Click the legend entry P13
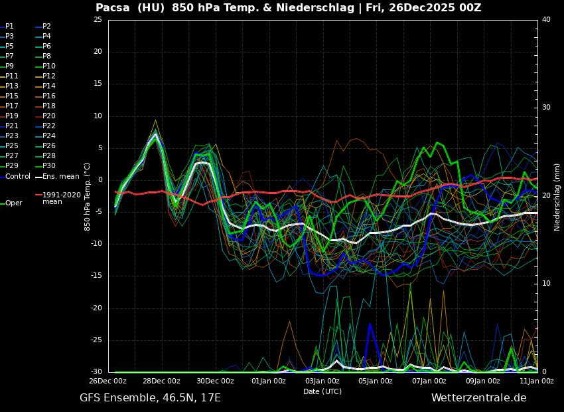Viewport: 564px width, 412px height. click(x=12, y=86)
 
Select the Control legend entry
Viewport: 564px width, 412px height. click(x=18, y=176)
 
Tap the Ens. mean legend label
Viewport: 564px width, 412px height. click(x=60, y=176)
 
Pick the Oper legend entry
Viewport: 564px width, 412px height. click(x=13, y=203)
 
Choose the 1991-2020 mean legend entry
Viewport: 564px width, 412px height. click(x=61, y=198)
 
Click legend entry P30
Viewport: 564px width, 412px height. click(x=49, y=166)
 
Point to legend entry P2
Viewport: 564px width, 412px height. click(x=46, y=27)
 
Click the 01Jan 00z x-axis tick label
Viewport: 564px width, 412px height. click(x=269, y=381)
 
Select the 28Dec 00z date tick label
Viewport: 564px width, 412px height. click(x=161, y=381)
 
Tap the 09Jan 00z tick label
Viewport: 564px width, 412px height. click(x=482, y=381)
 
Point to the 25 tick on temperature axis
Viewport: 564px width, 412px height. click(x=98, y=20)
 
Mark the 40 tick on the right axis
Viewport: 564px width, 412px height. click(x=546, y=20)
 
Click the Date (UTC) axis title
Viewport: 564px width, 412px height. click(x=322, y=391)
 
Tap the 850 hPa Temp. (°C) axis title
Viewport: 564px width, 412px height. click(x=88, y=196)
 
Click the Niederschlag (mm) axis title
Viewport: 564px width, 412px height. click(x=557, y=197)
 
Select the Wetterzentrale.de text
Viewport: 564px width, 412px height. click(x=478, y=398)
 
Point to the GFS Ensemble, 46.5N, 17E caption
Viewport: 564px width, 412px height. click(x=150, y=398)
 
